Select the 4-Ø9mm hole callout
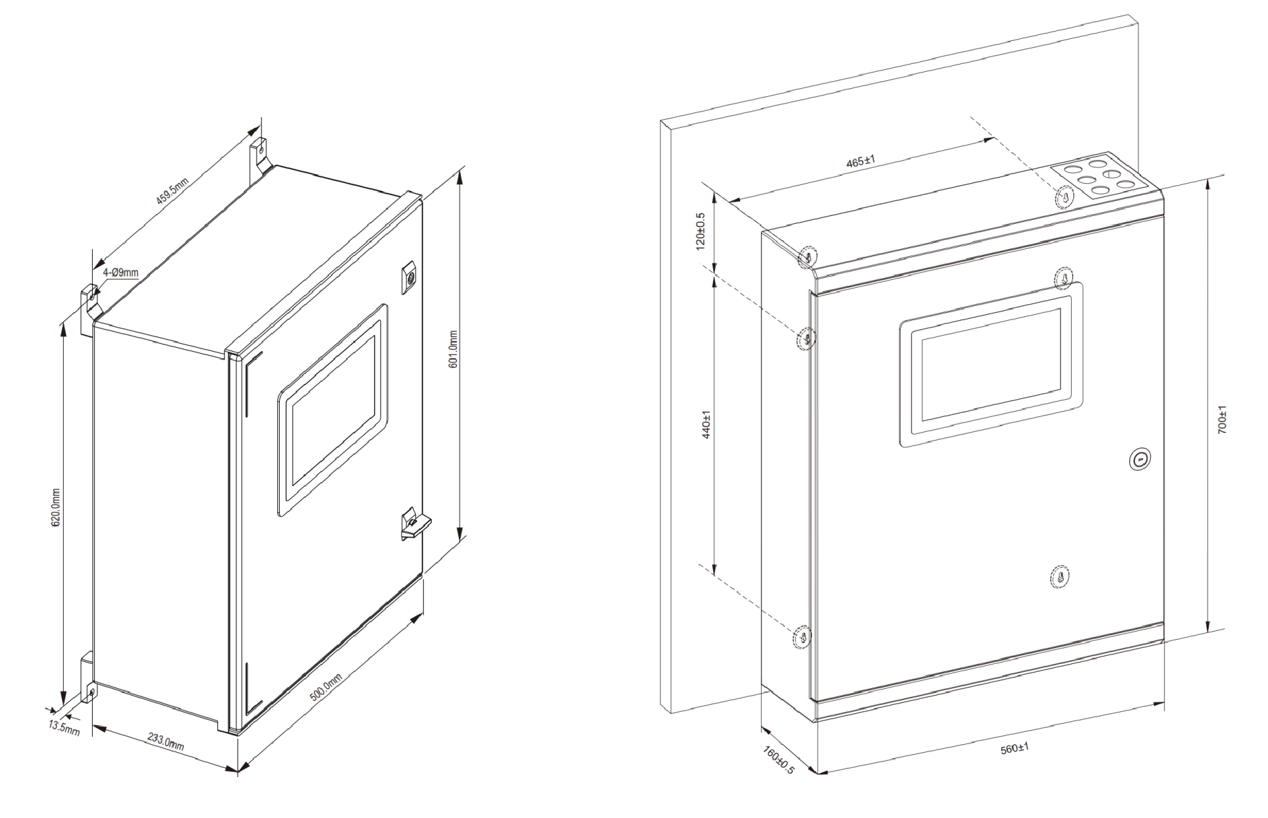click(x=120, y=272)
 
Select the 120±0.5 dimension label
click(x=700, y=231)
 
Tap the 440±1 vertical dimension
click(x=706, y=425)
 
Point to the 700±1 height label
click(x=1223, y=419)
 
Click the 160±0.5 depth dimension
click(x=779, y=759)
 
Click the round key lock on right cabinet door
click(x=1140, y=460)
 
